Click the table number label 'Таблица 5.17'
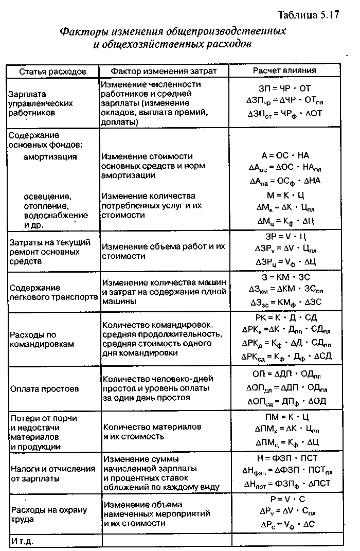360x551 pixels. [308, 14]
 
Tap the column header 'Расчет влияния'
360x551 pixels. [284, 70]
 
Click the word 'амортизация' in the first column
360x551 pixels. [50, 156]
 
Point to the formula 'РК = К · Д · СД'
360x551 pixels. [285, 317]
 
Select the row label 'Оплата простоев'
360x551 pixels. [44, 389]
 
